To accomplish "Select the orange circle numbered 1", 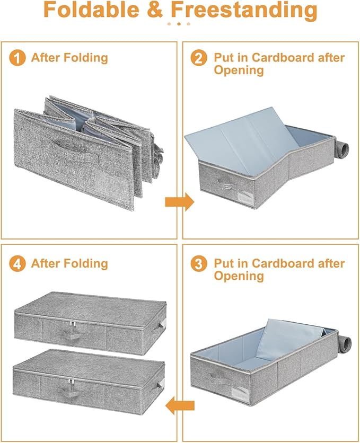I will click(x=17, y=58).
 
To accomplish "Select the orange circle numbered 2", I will click(x=199, y=58).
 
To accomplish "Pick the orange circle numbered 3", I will click(x=199, y=264).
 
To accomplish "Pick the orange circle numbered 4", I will click(x=17, y=264).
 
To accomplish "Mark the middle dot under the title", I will click(x=180, y=24).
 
